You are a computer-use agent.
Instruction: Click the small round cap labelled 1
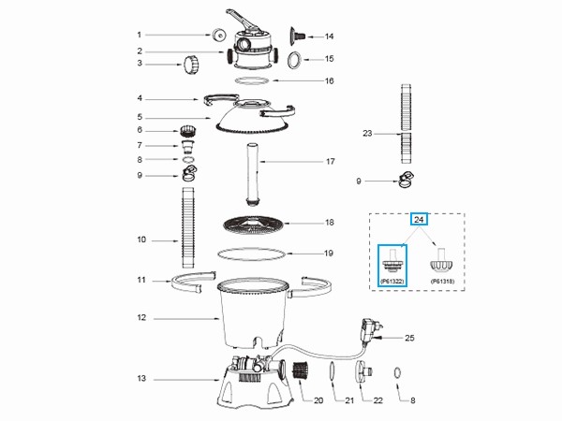point(218,35)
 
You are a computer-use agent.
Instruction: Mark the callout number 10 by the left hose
point(140,240)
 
